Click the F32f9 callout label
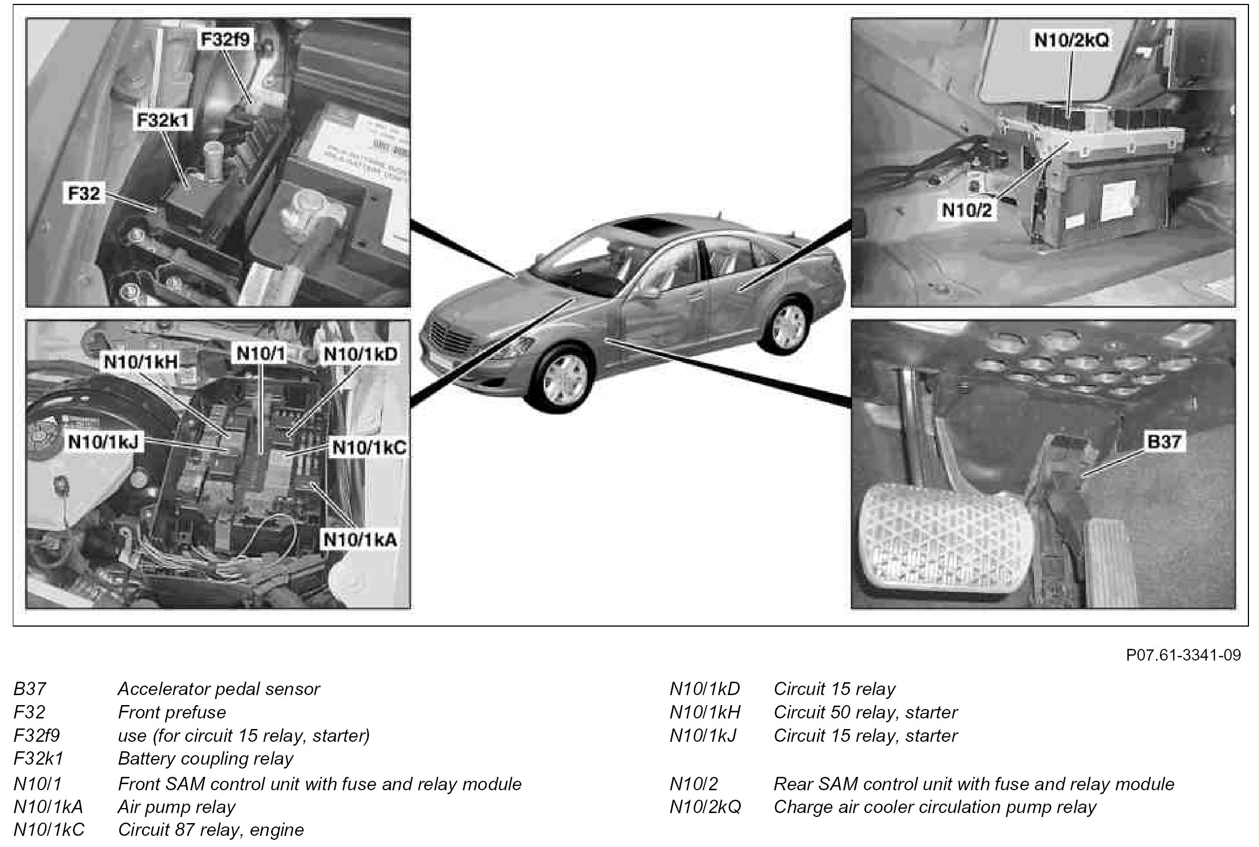(x=225, y=40)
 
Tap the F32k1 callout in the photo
(x=163, y=120)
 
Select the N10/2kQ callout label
(x=1071, y=40)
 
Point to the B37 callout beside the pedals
(x=1164, y=441)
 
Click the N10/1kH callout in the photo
(x=141, y=362)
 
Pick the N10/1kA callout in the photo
(x=360, y=539)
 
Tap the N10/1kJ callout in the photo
(x=104, y=442)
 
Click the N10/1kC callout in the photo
(x=369, y=448)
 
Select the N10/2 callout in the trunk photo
(x=967, y=210)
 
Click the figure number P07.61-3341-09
(x=1183, y=655)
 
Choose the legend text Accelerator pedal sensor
(x=219, y=689)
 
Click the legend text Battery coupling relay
(x=205, y=759)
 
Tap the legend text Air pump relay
(x=176, y=807)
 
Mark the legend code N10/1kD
(x=705, y=689)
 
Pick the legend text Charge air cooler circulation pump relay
(x=935, y=807)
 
